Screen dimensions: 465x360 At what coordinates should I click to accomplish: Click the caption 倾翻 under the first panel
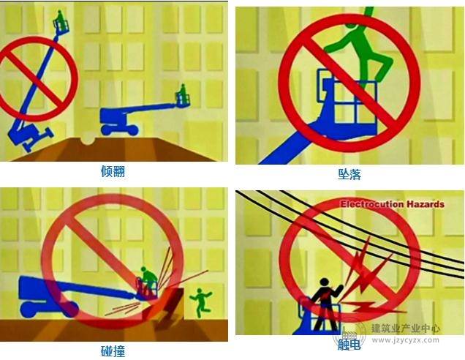[113, 171]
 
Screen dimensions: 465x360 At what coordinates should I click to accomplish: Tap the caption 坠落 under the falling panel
[349, 174]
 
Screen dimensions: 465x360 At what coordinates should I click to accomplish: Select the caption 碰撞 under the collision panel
[113, 351]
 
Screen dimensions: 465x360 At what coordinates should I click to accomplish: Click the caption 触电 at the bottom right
[349, 345]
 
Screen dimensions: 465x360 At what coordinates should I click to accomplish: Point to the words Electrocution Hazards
[393, 204]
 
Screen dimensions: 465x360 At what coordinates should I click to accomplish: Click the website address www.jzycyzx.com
[405, 340]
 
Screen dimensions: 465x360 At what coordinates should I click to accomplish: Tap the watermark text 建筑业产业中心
[405, 329]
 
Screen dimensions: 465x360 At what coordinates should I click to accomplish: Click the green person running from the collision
[201, 303]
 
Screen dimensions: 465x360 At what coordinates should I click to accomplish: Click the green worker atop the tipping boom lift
[60, 20]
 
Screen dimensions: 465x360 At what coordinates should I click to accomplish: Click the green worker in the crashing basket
[148, 280]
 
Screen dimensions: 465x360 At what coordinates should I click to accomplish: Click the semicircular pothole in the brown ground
[88, 140]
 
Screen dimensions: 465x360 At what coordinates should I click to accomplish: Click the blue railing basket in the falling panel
[347, 98]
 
